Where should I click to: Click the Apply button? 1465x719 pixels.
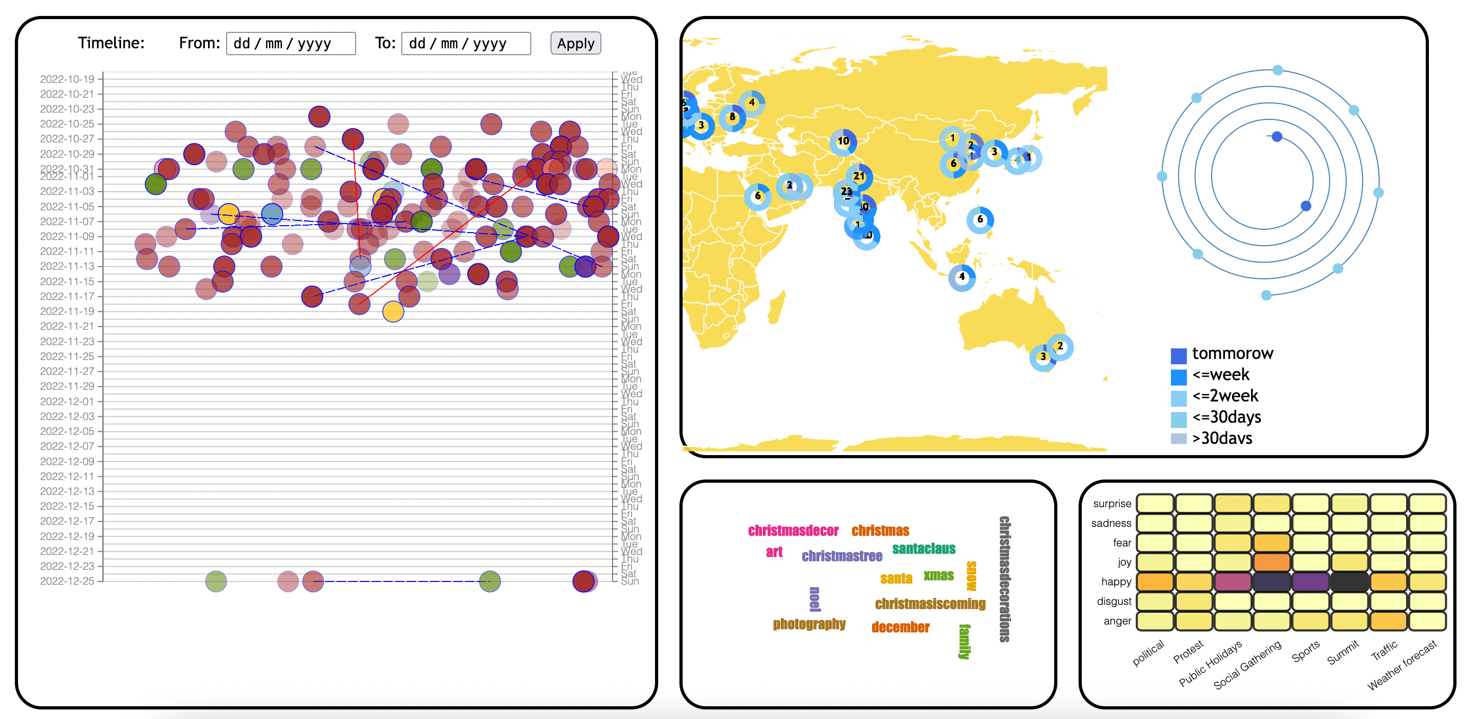coord(575,44)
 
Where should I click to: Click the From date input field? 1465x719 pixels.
coord(291,44)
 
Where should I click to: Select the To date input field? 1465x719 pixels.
coord(466,44)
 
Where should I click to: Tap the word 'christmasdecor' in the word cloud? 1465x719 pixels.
coord(793,530)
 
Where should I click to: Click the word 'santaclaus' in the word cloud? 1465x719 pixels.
coord(924,549)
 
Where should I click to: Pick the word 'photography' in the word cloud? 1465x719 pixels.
coord(809,624)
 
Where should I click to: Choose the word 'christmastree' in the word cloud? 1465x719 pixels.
coord(842,557)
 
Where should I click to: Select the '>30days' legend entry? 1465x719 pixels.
coord(1221,438)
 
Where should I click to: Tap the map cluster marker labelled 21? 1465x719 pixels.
coord(859,176)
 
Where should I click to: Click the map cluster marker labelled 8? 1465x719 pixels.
coord(732,117)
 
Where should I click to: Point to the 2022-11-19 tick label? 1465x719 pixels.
coord(67,311)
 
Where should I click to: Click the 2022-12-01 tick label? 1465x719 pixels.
coord(67,401)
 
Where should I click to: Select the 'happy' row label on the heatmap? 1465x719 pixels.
coord(1116,582)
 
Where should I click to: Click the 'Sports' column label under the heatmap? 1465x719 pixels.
coord(1305,652)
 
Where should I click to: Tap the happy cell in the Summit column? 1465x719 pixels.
coord(1349,582)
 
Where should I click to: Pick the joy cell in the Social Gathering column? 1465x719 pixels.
coord(1271,562)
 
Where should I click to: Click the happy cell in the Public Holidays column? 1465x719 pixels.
coord(1233,582)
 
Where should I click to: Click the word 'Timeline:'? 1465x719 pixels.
coord(111,43)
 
